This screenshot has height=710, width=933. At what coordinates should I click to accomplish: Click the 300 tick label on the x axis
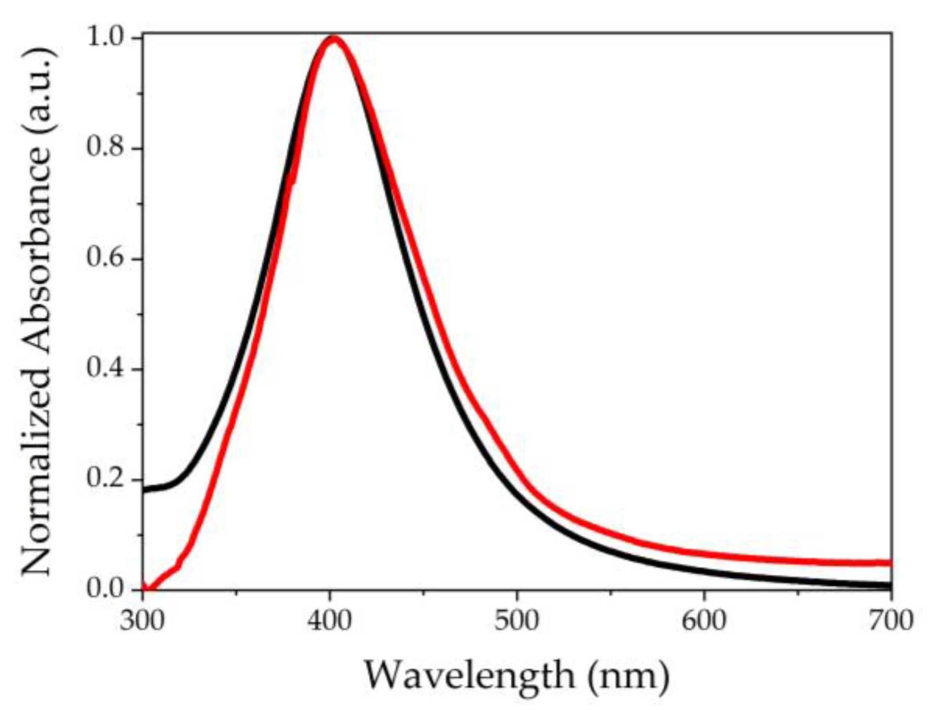[x=142, y=621]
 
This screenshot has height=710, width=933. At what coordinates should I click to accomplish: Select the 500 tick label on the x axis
[x=517, y=621]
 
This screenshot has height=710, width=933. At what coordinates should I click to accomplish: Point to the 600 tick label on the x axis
[x=704, y=621]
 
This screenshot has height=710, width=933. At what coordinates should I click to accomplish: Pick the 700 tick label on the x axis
[x=891, y=621]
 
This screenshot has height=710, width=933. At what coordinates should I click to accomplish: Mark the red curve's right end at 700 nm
[x=889, y=563]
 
